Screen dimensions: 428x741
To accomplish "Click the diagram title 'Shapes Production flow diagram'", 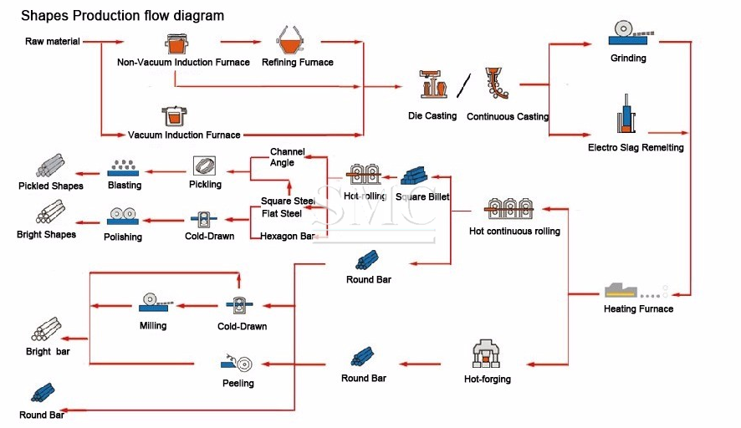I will coord(122,16).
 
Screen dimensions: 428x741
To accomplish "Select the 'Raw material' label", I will coord(53,41).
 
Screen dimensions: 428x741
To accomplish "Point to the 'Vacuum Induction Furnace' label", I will coord(184,135).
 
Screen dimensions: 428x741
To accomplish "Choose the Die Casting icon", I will coord(432,84).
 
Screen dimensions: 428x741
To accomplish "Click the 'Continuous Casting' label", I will coord(508,117).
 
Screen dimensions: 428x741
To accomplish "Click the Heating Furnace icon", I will coord(627,290).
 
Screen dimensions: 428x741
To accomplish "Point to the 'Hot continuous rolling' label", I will coord(514,232).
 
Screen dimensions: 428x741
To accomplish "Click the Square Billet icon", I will coord(417,176).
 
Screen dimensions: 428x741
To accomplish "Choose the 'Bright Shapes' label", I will coord(46,235).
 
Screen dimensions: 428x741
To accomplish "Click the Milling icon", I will coord(152,301).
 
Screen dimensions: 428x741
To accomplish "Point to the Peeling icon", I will coord(238,364).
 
